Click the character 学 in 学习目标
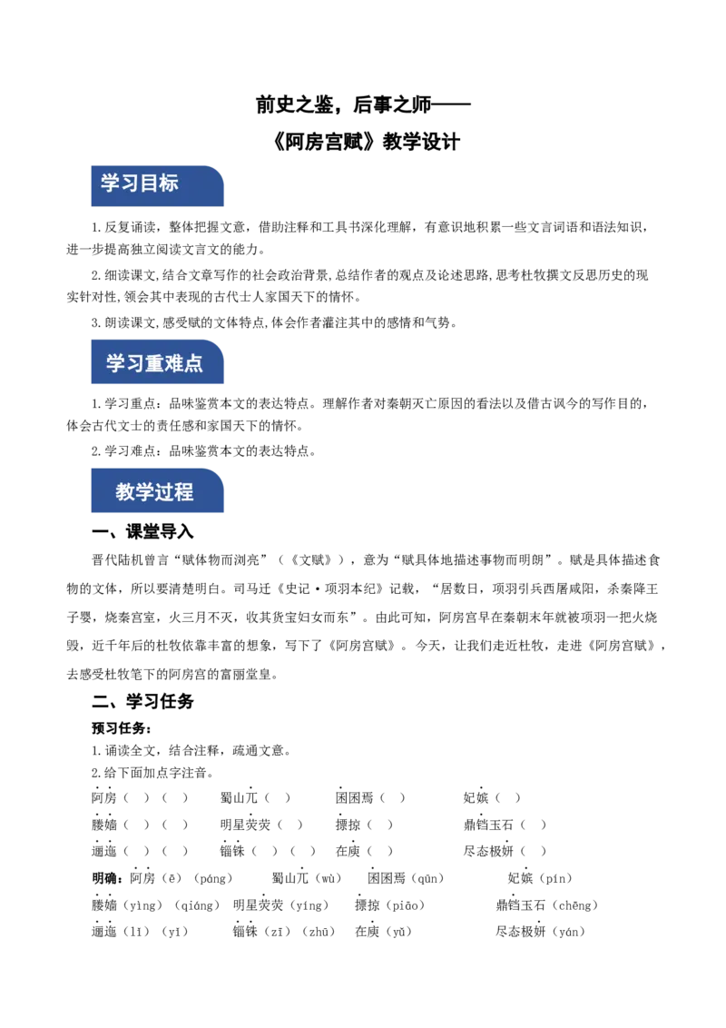pos(110,183)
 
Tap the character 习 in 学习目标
pos(130,183)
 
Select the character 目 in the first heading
pos(149,183)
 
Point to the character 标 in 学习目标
pos(169,183)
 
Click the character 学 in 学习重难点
pos(115,364)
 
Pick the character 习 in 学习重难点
pos(134,364)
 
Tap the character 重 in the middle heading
pos(154,364)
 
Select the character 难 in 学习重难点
pos(173,364)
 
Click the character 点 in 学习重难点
pos(193,364)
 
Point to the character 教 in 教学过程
pos(125,493)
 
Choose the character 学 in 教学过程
pos(144,493)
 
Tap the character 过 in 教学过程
pos(164,493)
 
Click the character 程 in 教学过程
pos(184,493)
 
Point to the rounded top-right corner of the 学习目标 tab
pos(219,167)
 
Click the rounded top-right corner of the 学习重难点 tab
pos(219,341)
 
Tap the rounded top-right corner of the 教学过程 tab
pos(219,472)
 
